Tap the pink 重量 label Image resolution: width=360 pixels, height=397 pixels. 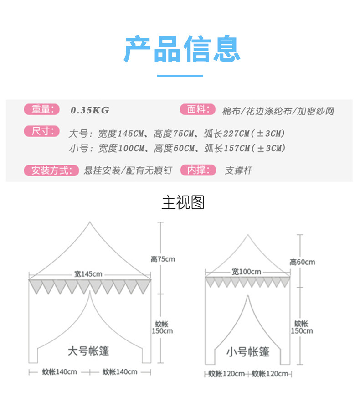[41, 109]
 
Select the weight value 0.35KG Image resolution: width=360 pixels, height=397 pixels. [90, 110]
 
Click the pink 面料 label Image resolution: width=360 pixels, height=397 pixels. [197, 109]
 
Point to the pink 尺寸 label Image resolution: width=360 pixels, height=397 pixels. [41, 132]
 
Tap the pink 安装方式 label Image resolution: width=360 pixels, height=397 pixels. [51, 170]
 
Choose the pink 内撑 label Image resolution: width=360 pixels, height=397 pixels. [197, 170]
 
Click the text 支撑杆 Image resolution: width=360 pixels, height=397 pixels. [238, 171]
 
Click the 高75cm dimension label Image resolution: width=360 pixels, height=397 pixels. [163, 259]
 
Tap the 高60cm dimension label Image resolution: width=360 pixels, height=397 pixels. [302, 262]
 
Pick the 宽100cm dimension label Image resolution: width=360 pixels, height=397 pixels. [246, 272]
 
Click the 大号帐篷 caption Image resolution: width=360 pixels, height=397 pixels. [88, 351]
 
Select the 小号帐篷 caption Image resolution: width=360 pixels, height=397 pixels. [248, 352]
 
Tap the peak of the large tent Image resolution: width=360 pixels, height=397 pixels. [90, 222]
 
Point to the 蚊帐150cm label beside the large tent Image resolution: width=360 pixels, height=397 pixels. [162, 327]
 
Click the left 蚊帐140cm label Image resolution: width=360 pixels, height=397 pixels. [59, 372]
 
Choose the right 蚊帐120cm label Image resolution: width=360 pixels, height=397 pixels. [270, 374]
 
